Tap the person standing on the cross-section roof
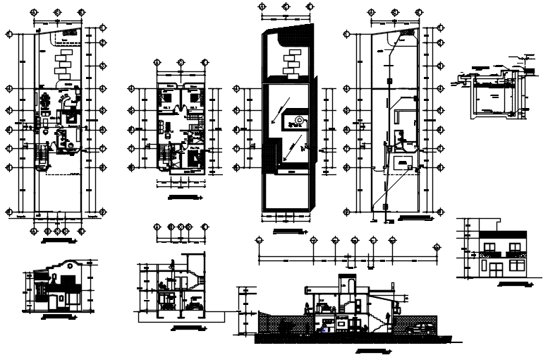171,265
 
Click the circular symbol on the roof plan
300,121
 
